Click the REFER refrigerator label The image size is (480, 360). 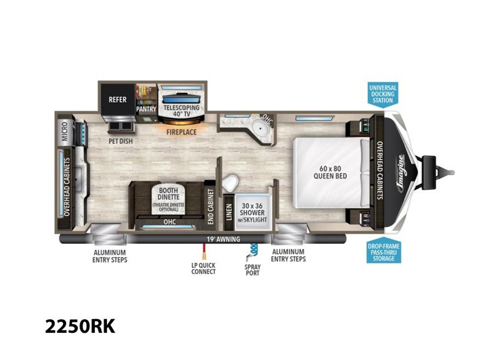(x=118, y=100)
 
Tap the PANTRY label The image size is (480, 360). (x=146, y=109)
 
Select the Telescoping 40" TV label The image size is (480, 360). (x=182, y=111)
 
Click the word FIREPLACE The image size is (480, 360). (x=181, y=132)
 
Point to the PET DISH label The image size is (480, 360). (x=121, y=141)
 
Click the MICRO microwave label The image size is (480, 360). (x=65, y=131)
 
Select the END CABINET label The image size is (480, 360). (x=210, y=206)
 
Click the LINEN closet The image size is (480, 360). (x=229, y=212)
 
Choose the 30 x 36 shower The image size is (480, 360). (x=252, y=212)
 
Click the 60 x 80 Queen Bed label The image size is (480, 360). (x=330, y=172)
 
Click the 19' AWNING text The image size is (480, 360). (x=224, y=239)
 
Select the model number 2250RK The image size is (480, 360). (x=80, y=326)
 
